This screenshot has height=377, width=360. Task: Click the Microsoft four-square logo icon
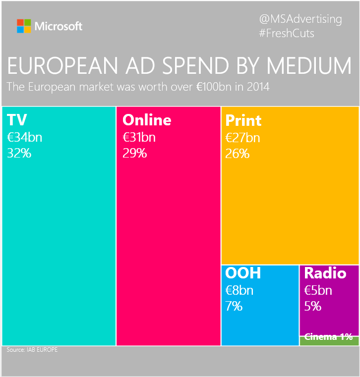tap(24, 26)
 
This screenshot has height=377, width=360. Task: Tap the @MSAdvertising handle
tap(300, 19)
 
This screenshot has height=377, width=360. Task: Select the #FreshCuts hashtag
tap(287, 33)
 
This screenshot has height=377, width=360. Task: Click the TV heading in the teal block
tap(17, 120)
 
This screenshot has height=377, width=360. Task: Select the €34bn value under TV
tap(24, 137)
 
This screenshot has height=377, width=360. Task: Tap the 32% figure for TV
tap(19, 153)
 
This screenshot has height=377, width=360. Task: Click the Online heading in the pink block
tap(147, 120)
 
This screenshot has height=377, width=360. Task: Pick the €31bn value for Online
tap(139, 137)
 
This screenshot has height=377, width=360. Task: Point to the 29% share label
tap(135, 153)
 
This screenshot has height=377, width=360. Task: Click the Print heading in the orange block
tap(243, 120)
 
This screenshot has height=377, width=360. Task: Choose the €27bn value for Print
tap(242, 137)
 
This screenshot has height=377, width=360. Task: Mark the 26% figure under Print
tap(238, 153)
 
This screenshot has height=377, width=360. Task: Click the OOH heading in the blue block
tap(243, 273)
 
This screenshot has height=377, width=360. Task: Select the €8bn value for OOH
tap(239, 290)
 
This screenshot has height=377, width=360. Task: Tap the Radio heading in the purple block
tap(324, 273)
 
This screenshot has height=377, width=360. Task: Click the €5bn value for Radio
tap(318, 290)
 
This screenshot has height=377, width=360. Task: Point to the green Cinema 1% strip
tap(329, 340)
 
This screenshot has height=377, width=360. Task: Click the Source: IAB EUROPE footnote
tap(32, 350)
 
